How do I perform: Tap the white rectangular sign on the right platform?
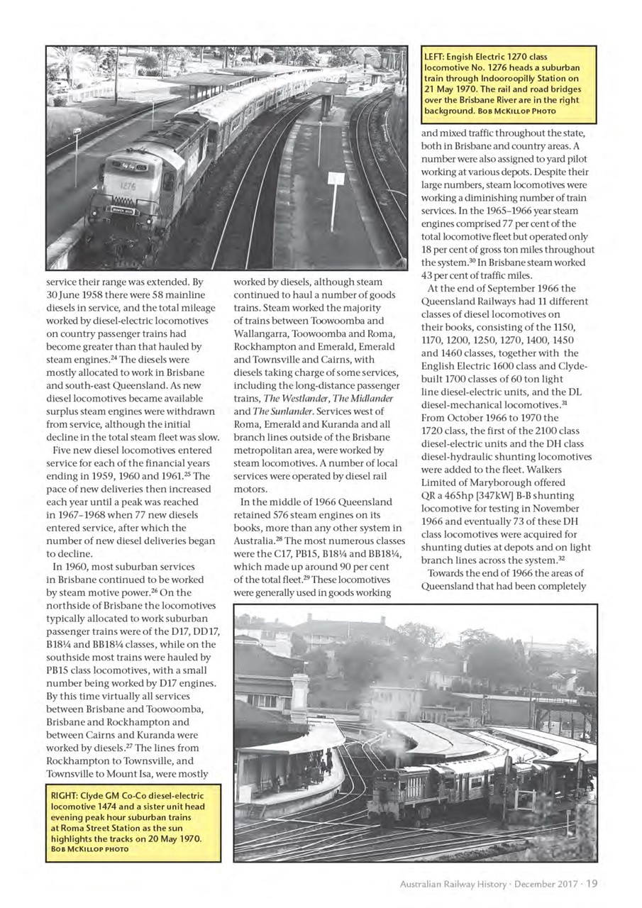[x=336, y=179]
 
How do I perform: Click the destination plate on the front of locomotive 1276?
[x=121, y=209]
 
